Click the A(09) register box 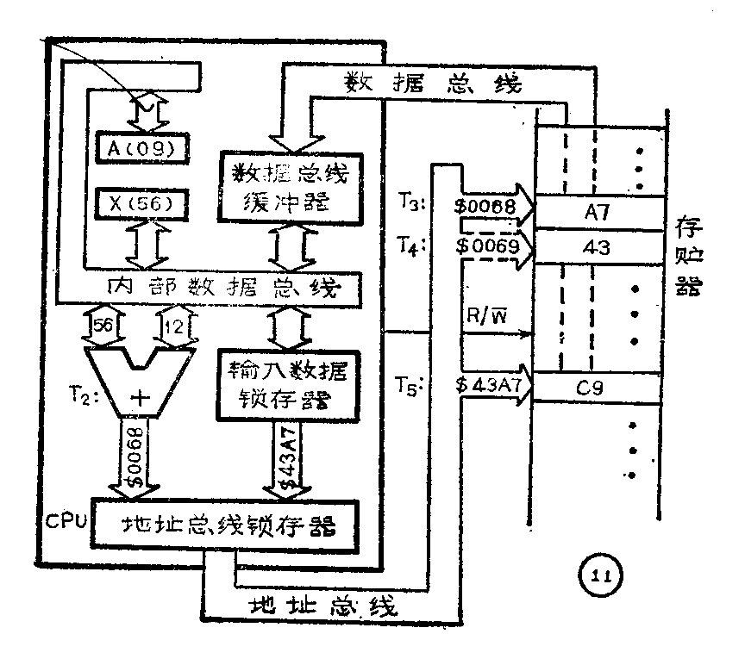click(x=142, y=149)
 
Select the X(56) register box click(x=142, y=205)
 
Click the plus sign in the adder click(x=141, y=398)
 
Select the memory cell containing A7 click(x=598, y=209)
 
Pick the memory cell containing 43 click(x=598, y=248)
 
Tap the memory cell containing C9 click(x=598, y=387)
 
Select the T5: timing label click(x=411, y=388)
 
